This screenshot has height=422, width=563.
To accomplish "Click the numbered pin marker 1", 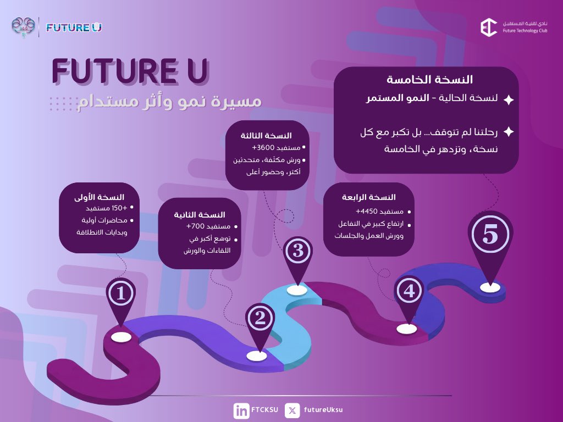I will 122,293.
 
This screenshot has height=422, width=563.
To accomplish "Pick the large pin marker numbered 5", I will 490,235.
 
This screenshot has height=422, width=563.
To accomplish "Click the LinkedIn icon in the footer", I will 241,410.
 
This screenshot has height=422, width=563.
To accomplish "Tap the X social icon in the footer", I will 292,410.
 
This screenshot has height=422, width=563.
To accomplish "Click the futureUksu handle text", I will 323,410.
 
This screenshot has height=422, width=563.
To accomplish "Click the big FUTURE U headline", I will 130,71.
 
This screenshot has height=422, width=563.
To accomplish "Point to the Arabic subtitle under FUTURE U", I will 169,102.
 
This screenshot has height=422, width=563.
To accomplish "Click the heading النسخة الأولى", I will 100,197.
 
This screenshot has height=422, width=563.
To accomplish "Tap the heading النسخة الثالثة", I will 266,135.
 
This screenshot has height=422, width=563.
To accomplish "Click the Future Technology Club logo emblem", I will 488,27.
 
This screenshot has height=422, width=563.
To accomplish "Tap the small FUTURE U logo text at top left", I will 74,27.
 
